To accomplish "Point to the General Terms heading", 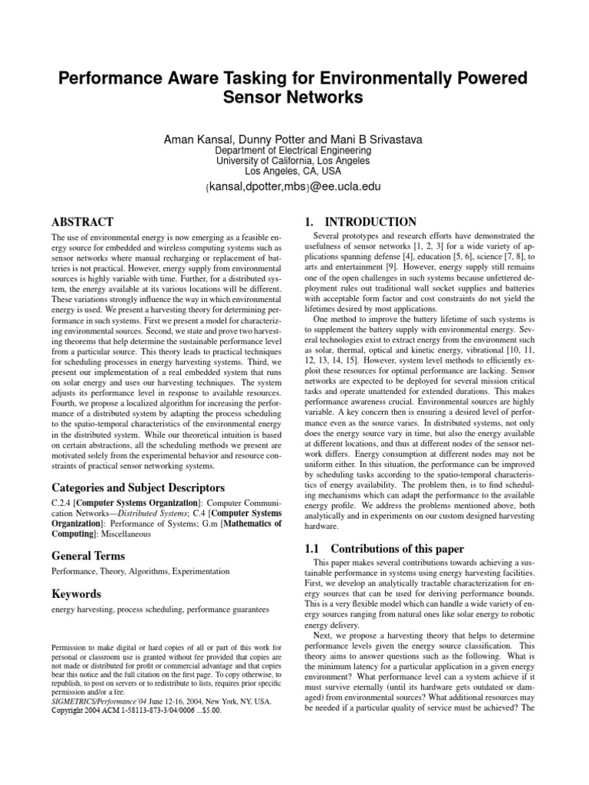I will point(87,556).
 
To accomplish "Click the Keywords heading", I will point(75,594).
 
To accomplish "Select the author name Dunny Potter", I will point(261,140).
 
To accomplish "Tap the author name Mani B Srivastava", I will point(369,140).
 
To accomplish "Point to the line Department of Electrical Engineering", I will point(294,151).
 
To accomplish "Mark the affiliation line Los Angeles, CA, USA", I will point(294,172).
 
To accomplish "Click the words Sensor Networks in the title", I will point(294,97).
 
